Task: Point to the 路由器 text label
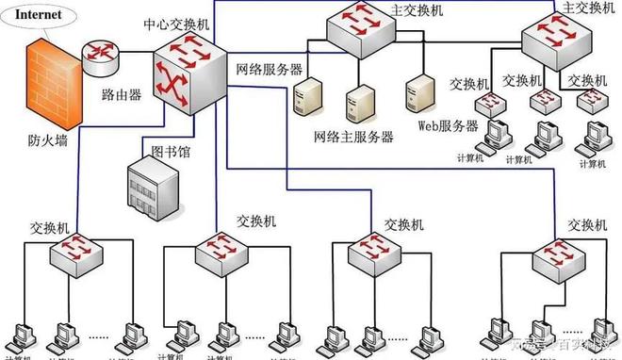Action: tap(122, 95)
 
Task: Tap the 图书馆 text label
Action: tap(171, 150)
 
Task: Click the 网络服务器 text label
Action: tap(270, 69)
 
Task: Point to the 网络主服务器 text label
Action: tap(353, 137)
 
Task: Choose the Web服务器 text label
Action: tap(447, 126)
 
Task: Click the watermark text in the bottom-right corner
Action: tap(565, 344)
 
